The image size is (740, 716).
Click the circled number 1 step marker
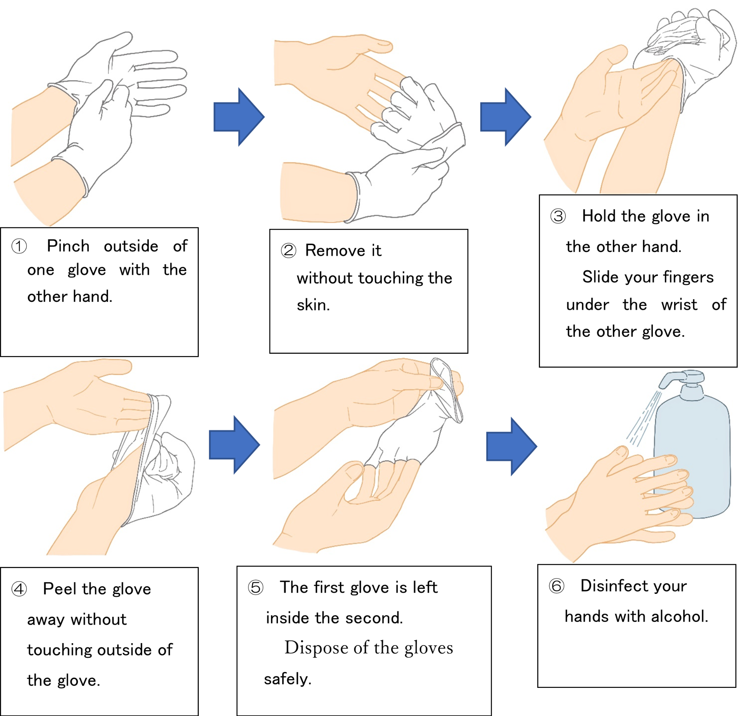click(x=19, y=246)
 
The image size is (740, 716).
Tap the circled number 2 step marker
click(x=288, y=251)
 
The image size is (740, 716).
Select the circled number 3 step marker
click(x=558, y=216)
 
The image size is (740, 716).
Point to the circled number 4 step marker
click(x=19, y=589)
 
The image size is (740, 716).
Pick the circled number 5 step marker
click(x=256, y=588)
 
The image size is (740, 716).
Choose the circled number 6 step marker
click(x=556, y=586)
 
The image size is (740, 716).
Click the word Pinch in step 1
click(x=68, y=246)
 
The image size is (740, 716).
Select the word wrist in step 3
click(x=679, y=305)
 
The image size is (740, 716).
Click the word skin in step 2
click(x=313, y=305)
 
